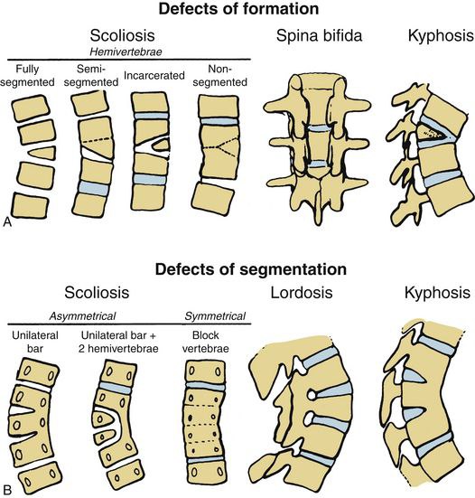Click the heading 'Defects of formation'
[x=238, y=8]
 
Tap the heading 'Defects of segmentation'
[x=251, y=269]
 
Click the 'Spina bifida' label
[x=319, y=35]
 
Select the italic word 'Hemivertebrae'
[x=126, y=52]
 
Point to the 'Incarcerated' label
[x=154, y=76]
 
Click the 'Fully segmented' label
[x=27, y=76]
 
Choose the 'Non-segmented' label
[x=219, y=76]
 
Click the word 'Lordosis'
[x=302, y=293]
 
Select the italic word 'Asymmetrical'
[x=82, y=316]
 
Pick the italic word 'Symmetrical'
[x=215, y=316]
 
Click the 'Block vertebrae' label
[x=205, y=342]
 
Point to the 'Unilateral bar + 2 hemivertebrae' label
[x=118, y=342]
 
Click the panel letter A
[x=6, y=222]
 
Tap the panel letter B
[x=7, y=490]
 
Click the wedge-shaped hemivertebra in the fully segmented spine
[x=42, y=153]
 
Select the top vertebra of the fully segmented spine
[x=31, y=108]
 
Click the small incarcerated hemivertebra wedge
[x=161, y=145]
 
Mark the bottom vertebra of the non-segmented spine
[x=213, y=199]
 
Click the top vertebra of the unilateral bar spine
[x=39, y=373]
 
